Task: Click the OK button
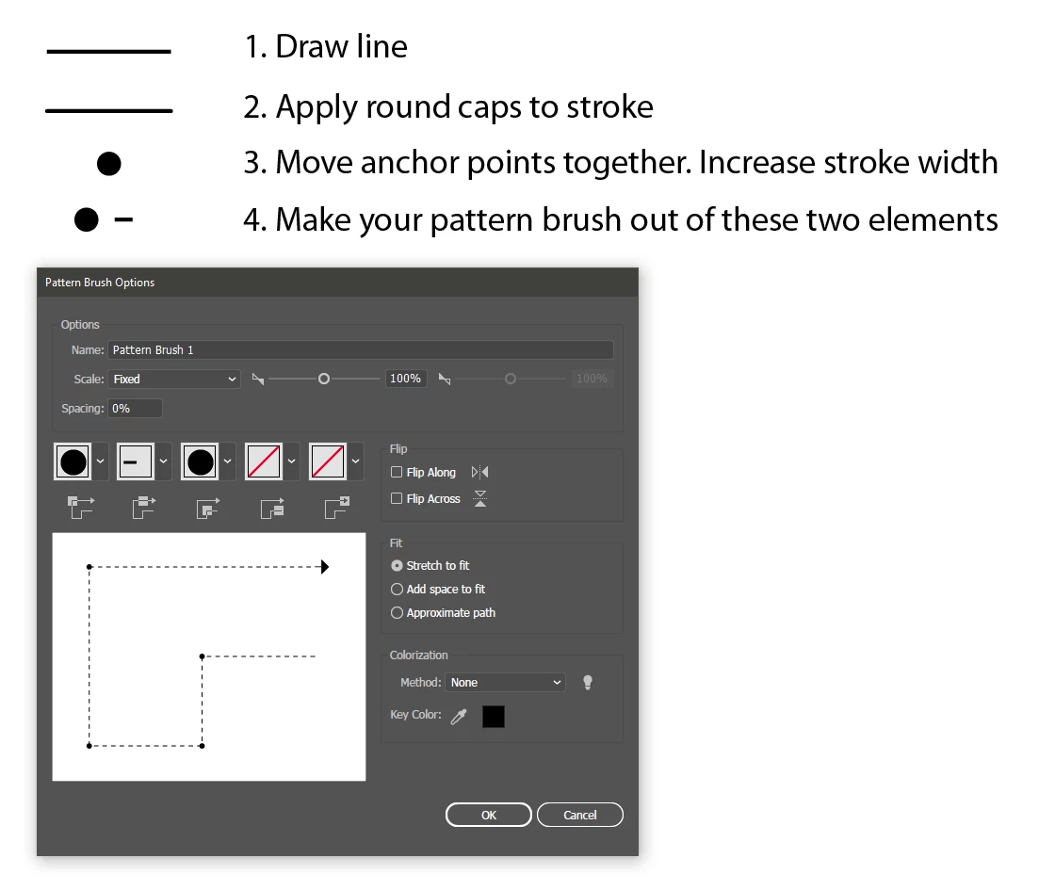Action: (x=489, y=815)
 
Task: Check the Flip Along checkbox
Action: (x=397, y=472)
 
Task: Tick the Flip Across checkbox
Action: (x=397, y=498)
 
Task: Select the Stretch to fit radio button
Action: (x=397, y=566)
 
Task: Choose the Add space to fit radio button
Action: (x=397, y=590)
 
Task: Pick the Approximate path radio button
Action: (x=397, y=613)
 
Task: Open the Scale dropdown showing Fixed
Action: (x=174, y=379)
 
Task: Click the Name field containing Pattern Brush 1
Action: (x=361, y=349)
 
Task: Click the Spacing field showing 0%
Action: (x=136, y=409)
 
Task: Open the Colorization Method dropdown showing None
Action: (x=505, y=682)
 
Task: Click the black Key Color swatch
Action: (x=494, y=717)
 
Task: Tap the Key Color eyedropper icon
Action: (x=459, y=717)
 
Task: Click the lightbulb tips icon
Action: (x=588, y=683)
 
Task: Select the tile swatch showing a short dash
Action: (x=135, y=461)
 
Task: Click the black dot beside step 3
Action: (x=109, y=164)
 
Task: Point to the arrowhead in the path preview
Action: (x=325, y=567)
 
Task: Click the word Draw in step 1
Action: (x=312, y=47)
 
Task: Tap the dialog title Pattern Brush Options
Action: (x=100, y=283)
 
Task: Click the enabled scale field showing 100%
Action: (x=406, y=379)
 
